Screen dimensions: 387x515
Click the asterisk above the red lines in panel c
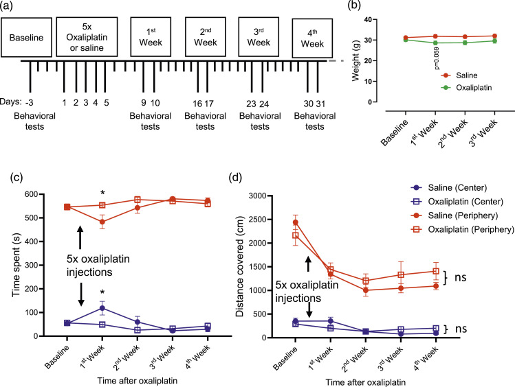click(x=102, y=193)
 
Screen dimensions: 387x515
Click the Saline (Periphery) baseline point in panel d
click(x=296, y=222)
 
